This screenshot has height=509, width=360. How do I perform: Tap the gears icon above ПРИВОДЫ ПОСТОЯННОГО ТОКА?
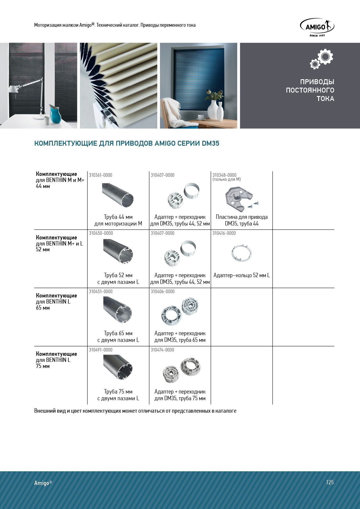tap(322, 59)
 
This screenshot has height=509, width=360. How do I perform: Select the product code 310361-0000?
tap(100, 175)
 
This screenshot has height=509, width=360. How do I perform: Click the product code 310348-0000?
tap(224, 175)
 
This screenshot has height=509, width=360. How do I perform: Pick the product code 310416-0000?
tap(224, 233)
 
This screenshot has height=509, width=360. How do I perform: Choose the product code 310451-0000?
tap(101, 291)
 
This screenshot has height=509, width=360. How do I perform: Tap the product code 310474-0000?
tap(162, 350)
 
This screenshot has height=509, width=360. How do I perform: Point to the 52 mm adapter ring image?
tap(242, 252)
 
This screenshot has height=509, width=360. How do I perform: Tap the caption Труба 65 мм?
tap(118, 333)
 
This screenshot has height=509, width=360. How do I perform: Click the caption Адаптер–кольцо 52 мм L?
tap(242, 275)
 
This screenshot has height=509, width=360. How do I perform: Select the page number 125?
tap(330, 482)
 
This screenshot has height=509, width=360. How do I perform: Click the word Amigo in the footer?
tap(42, 483)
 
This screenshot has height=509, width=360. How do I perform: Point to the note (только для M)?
tap(226, 179)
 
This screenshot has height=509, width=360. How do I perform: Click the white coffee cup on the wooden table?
tap(201, 117)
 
